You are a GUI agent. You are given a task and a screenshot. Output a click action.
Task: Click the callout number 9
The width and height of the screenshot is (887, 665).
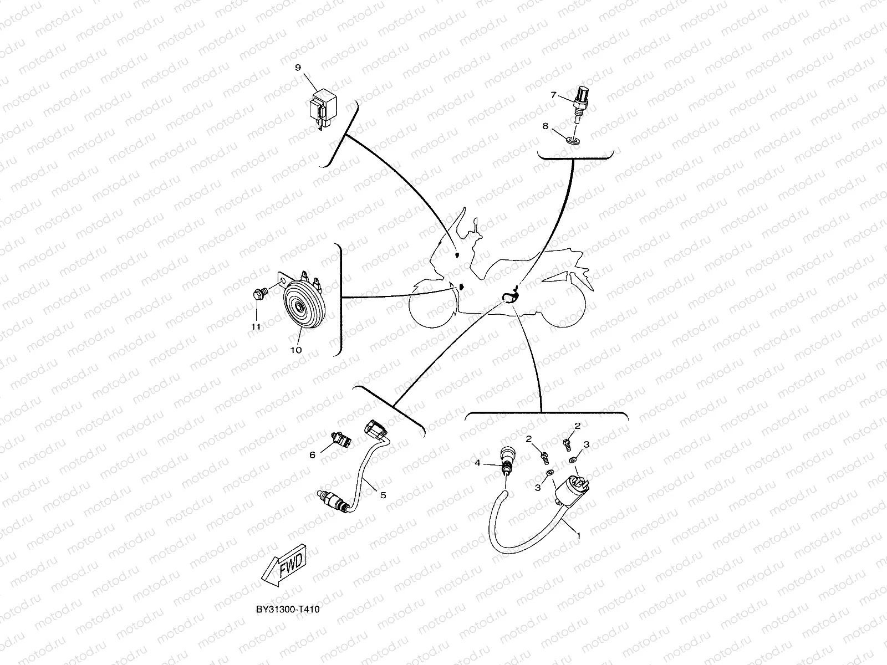(298, 67)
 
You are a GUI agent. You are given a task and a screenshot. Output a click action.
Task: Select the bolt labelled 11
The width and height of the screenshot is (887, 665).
(259, 294)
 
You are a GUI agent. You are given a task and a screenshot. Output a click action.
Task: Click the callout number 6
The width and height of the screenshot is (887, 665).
(312, 454)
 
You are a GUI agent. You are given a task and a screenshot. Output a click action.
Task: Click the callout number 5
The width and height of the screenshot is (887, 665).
(383, 495)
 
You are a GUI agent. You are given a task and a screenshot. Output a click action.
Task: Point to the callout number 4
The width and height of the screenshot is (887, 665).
(477, 462)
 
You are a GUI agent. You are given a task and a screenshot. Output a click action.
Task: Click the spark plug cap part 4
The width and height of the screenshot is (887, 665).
(507, 458)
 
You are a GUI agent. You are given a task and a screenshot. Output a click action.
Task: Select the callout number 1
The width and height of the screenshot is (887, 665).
(579, 535)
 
